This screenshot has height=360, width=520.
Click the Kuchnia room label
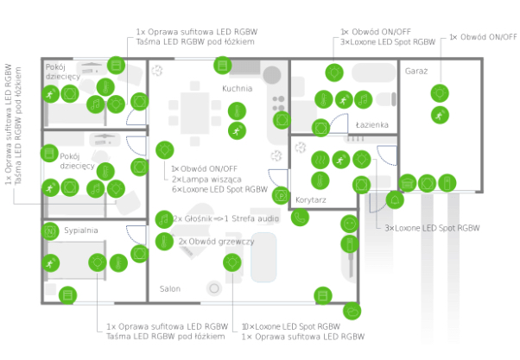[x=237, y=88]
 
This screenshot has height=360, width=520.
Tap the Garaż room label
[x=416, y=71]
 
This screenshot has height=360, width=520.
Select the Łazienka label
[x=372, y=125]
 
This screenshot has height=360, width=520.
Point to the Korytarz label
[x=309, y=199]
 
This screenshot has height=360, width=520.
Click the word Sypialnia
[x=81, y=231]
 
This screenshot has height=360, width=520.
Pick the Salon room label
[x=170, y=288]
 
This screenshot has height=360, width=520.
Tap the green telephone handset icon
[x=299, y=218]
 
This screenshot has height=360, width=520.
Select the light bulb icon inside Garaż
[x=439, y=91]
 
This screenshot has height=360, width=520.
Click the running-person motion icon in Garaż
[x=439, y=114]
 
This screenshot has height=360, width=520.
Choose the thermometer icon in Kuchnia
[x=234, y=110]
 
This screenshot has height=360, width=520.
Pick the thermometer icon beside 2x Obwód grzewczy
[x=163, y=241]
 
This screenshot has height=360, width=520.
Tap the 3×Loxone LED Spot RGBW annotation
[x=431, y=228]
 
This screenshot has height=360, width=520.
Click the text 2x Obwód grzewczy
[x=216, y=242]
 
